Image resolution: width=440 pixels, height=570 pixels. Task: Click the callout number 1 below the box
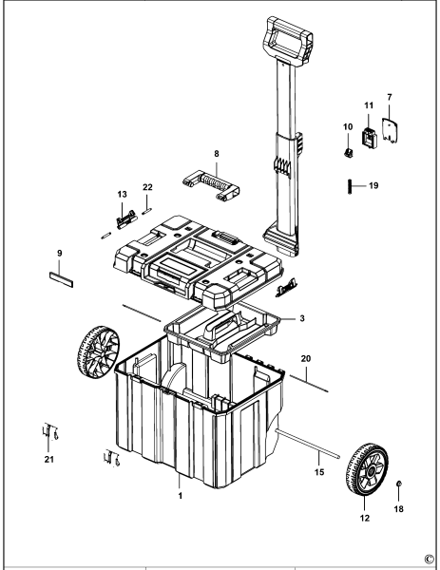(180, 495)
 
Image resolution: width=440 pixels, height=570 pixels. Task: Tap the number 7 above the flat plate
(389, 97)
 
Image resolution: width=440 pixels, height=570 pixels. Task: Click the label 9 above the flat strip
(59, 254)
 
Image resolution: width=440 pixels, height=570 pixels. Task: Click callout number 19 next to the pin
(373, 185)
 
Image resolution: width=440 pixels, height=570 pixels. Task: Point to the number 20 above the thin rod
(305, 359)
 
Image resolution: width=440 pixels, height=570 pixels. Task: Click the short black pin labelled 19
(349, 185)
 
